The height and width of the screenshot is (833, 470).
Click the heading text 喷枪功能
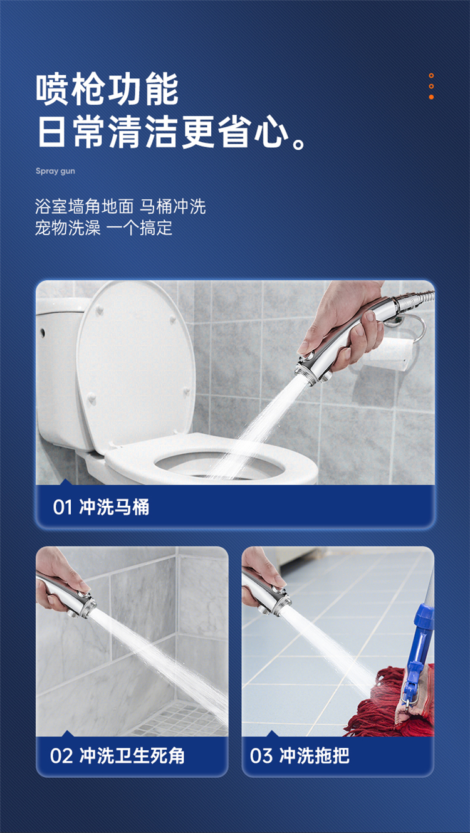[107, 89]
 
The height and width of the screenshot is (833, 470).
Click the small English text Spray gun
[55, 171]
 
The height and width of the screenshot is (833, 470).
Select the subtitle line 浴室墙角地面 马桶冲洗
[120, 206]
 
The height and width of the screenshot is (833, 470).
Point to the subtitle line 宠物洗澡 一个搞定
[104, 228]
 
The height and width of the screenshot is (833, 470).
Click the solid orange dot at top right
[431, 97]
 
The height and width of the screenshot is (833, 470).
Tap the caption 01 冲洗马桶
[101, 506]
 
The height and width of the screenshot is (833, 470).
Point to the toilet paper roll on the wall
[391, 354]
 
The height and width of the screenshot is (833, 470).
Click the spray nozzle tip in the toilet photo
[308, 371]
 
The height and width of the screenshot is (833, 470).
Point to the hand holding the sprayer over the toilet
[346, 320]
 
